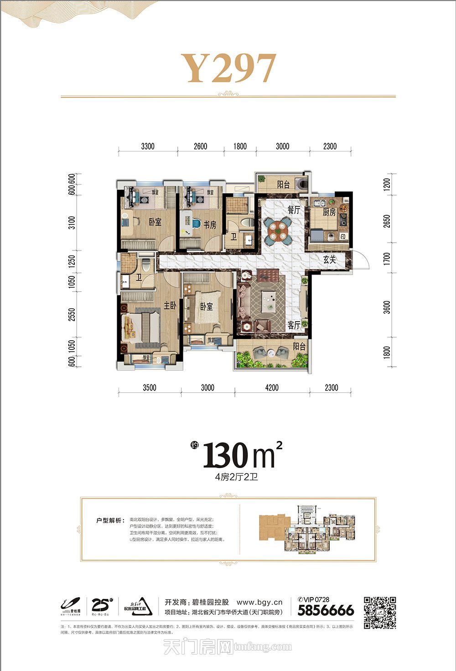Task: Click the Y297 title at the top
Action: (x=229, y=68)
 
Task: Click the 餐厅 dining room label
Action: (x=294, y=210)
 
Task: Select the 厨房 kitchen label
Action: (x=329, y=213)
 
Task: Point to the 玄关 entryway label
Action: (x=330, y=260)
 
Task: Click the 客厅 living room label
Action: (x=294, y=325)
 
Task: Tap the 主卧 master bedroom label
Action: (x=170, y=306)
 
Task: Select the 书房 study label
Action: (x=210, y=225)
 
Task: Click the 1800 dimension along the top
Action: (x=240, y=146)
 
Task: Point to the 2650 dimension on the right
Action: (x=387, y=222)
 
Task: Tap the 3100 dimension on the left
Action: (x=72, y=223)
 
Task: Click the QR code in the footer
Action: (x=379, y=613)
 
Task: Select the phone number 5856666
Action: (x=326, y=610)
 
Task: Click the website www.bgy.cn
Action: (x=259, y=602)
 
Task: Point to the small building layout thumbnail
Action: (x=307, y=529)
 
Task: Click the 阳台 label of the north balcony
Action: (x=284, y=185)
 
